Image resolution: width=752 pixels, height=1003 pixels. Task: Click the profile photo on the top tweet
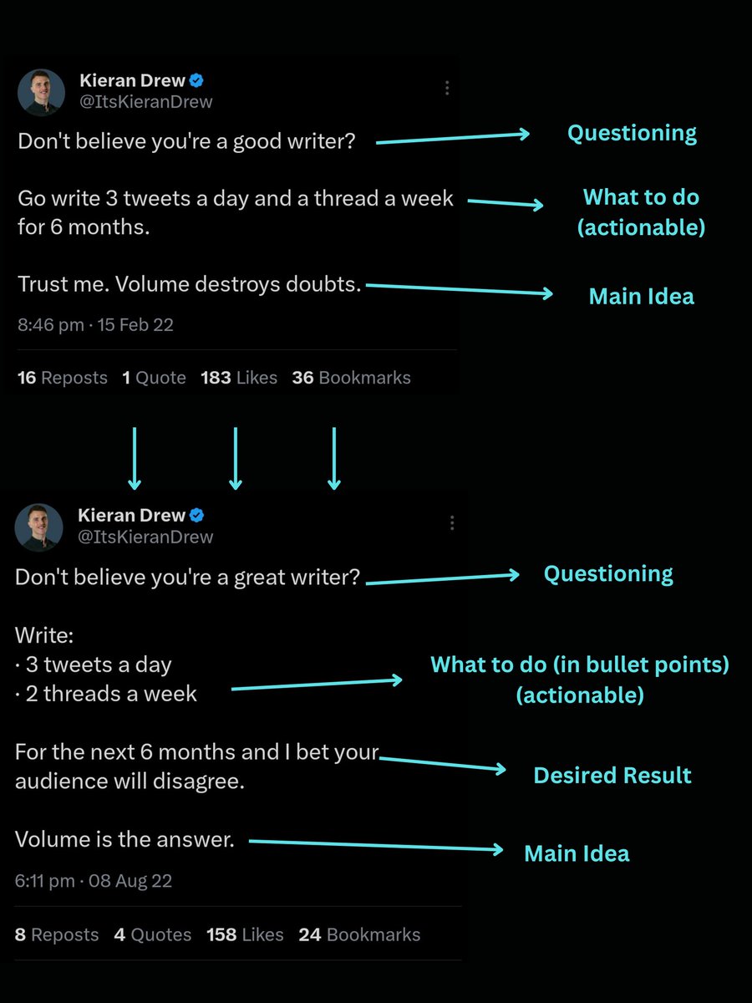(41, 92)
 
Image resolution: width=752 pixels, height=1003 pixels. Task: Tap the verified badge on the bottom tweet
(197, 516)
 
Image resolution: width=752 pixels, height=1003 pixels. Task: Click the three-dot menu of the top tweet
(447, 88)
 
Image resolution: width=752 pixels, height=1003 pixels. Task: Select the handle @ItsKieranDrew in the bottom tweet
(145, 537)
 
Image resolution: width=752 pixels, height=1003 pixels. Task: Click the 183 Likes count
(239, 378)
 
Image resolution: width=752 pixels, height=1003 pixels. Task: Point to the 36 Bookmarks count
(351, 378)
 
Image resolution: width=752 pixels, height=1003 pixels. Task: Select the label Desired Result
(612, 775)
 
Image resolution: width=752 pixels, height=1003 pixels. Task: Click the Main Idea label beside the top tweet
(641, 296)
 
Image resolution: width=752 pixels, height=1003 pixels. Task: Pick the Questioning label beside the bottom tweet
(608, 573)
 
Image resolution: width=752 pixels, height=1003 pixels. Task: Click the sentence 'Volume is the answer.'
(124, 839)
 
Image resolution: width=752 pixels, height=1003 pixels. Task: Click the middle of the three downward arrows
(236, 458)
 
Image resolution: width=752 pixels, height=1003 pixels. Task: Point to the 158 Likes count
(245, 934)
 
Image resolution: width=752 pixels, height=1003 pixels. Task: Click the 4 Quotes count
(153, 934)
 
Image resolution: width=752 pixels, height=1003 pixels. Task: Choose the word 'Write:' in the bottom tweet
(44, 635)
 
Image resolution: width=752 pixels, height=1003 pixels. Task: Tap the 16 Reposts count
(63, 378)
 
